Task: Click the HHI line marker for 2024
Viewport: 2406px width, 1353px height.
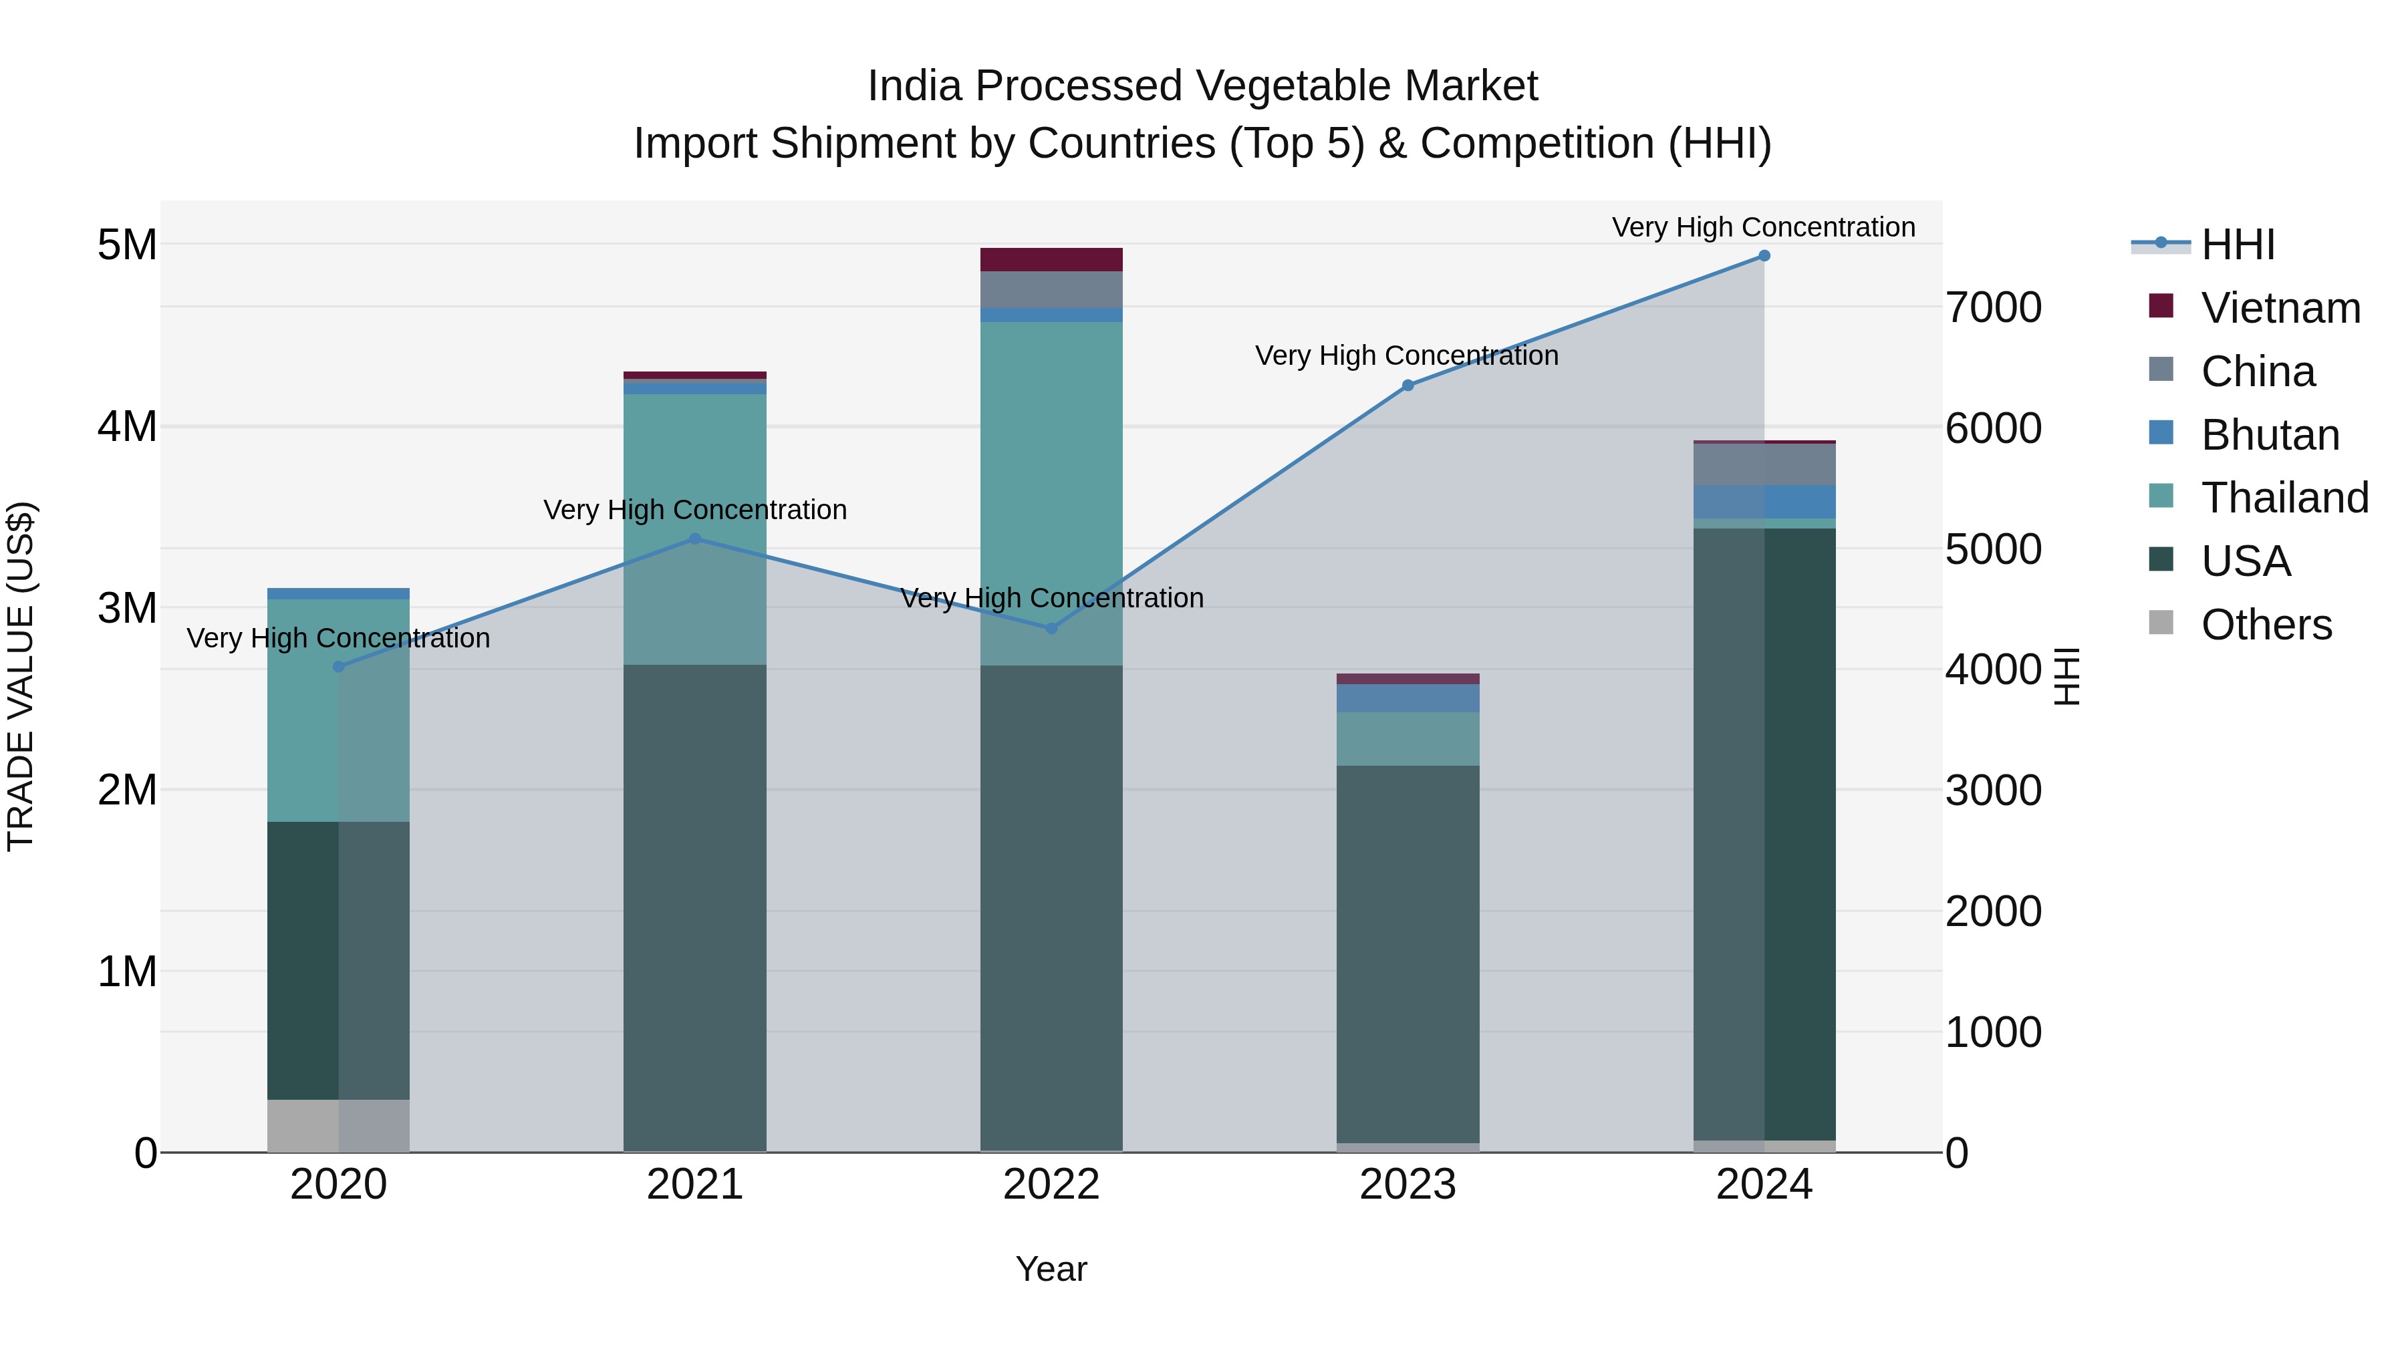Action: tap(1764, 256)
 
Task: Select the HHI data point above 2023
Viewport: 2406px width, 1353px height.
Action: tap(1408, 386)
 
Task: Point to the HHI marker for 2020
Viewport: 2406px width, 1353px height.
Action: tap(338, 667)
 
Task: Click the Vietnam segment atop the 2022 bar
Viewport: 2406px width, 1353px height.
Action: tap(1051, 260)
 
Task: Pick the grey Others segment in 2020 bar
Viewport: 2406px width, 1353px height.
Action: tap(338, 1125)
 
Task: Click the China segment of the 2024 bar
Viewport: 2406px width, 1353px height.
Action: tap(1764, 465)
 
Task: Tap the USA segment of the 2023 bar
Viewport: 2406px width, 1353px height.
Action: tap(1408, 952)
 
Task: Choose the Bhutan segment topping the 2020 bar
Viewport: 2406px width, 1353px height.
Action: tap(338, 594)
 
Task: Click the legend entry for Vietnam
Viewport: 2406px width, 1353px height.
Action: tap(2279, 308)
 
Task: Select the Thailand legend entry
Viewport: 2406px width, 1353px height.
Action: tap(2284, 498)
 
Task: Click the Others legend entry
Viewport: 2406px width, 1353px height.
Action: tap(2265, 625)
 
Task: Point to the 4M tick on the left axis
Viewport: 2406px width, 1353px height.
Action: tap(127, 427)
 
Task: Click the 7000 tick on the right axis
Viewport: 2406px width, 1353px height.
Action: tap(1993, 308)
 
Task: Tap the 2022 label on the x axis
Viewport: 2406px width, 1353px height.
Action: tap(1051, 1185)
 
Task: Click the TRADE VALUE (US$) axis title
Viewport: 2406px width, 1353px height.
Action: tap(21, 676)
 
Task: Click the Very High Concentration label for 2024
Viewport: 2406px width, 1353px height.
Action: tap(1764, 227)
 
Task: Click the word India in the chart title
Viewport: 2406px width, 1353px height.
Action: tap(914, 87)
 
